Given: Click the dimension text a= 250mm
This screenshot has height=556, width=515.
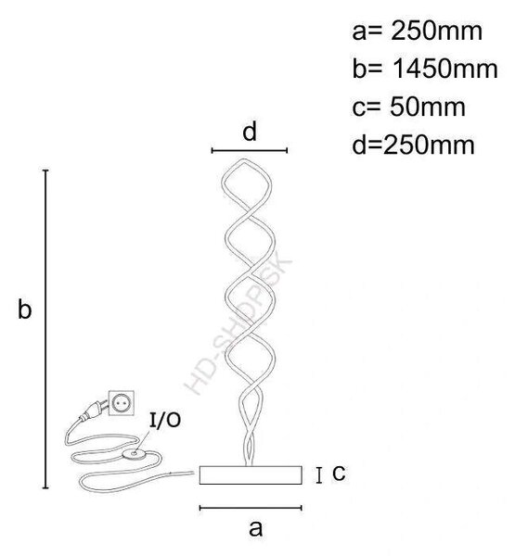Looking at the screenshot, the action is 417,32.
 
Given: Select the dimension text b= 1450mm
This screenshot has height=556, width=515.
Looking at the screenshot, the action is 425,69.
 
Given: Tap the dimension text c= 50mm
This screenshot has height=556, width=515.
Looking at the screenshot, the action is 408,107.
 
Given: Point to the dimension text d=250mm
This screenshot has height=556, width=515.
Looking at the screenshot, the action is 413,145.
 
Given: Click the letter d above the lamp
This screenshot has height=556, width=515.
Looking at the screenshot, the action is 250,132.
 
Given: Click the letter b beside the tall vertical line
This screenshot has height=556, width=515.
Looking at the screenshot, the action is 24,309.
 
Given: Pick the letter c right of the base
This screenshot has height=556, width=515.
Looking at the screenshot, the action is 339,473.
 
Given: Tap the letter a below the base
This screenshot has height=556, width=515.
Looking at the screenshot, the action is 255,529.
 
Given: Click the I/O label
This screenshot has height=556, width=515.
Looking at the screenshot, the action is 165,420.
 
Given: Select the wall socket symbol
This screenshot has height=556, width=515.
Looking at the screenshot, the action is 122,403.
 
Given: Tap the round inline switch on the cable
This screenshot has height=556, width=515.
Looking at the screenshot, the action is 135,454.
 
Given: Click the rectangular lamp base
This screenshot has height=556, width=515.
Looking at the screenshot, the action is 251,475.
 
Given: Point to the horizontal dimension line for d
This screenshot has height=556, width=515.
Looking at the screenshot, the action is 250,150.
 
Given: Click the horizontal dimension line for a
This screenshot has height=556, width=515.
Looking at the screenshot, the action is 251,508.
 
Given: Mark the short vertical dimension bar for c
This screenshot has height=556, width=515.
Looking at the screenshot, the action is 319,475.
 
